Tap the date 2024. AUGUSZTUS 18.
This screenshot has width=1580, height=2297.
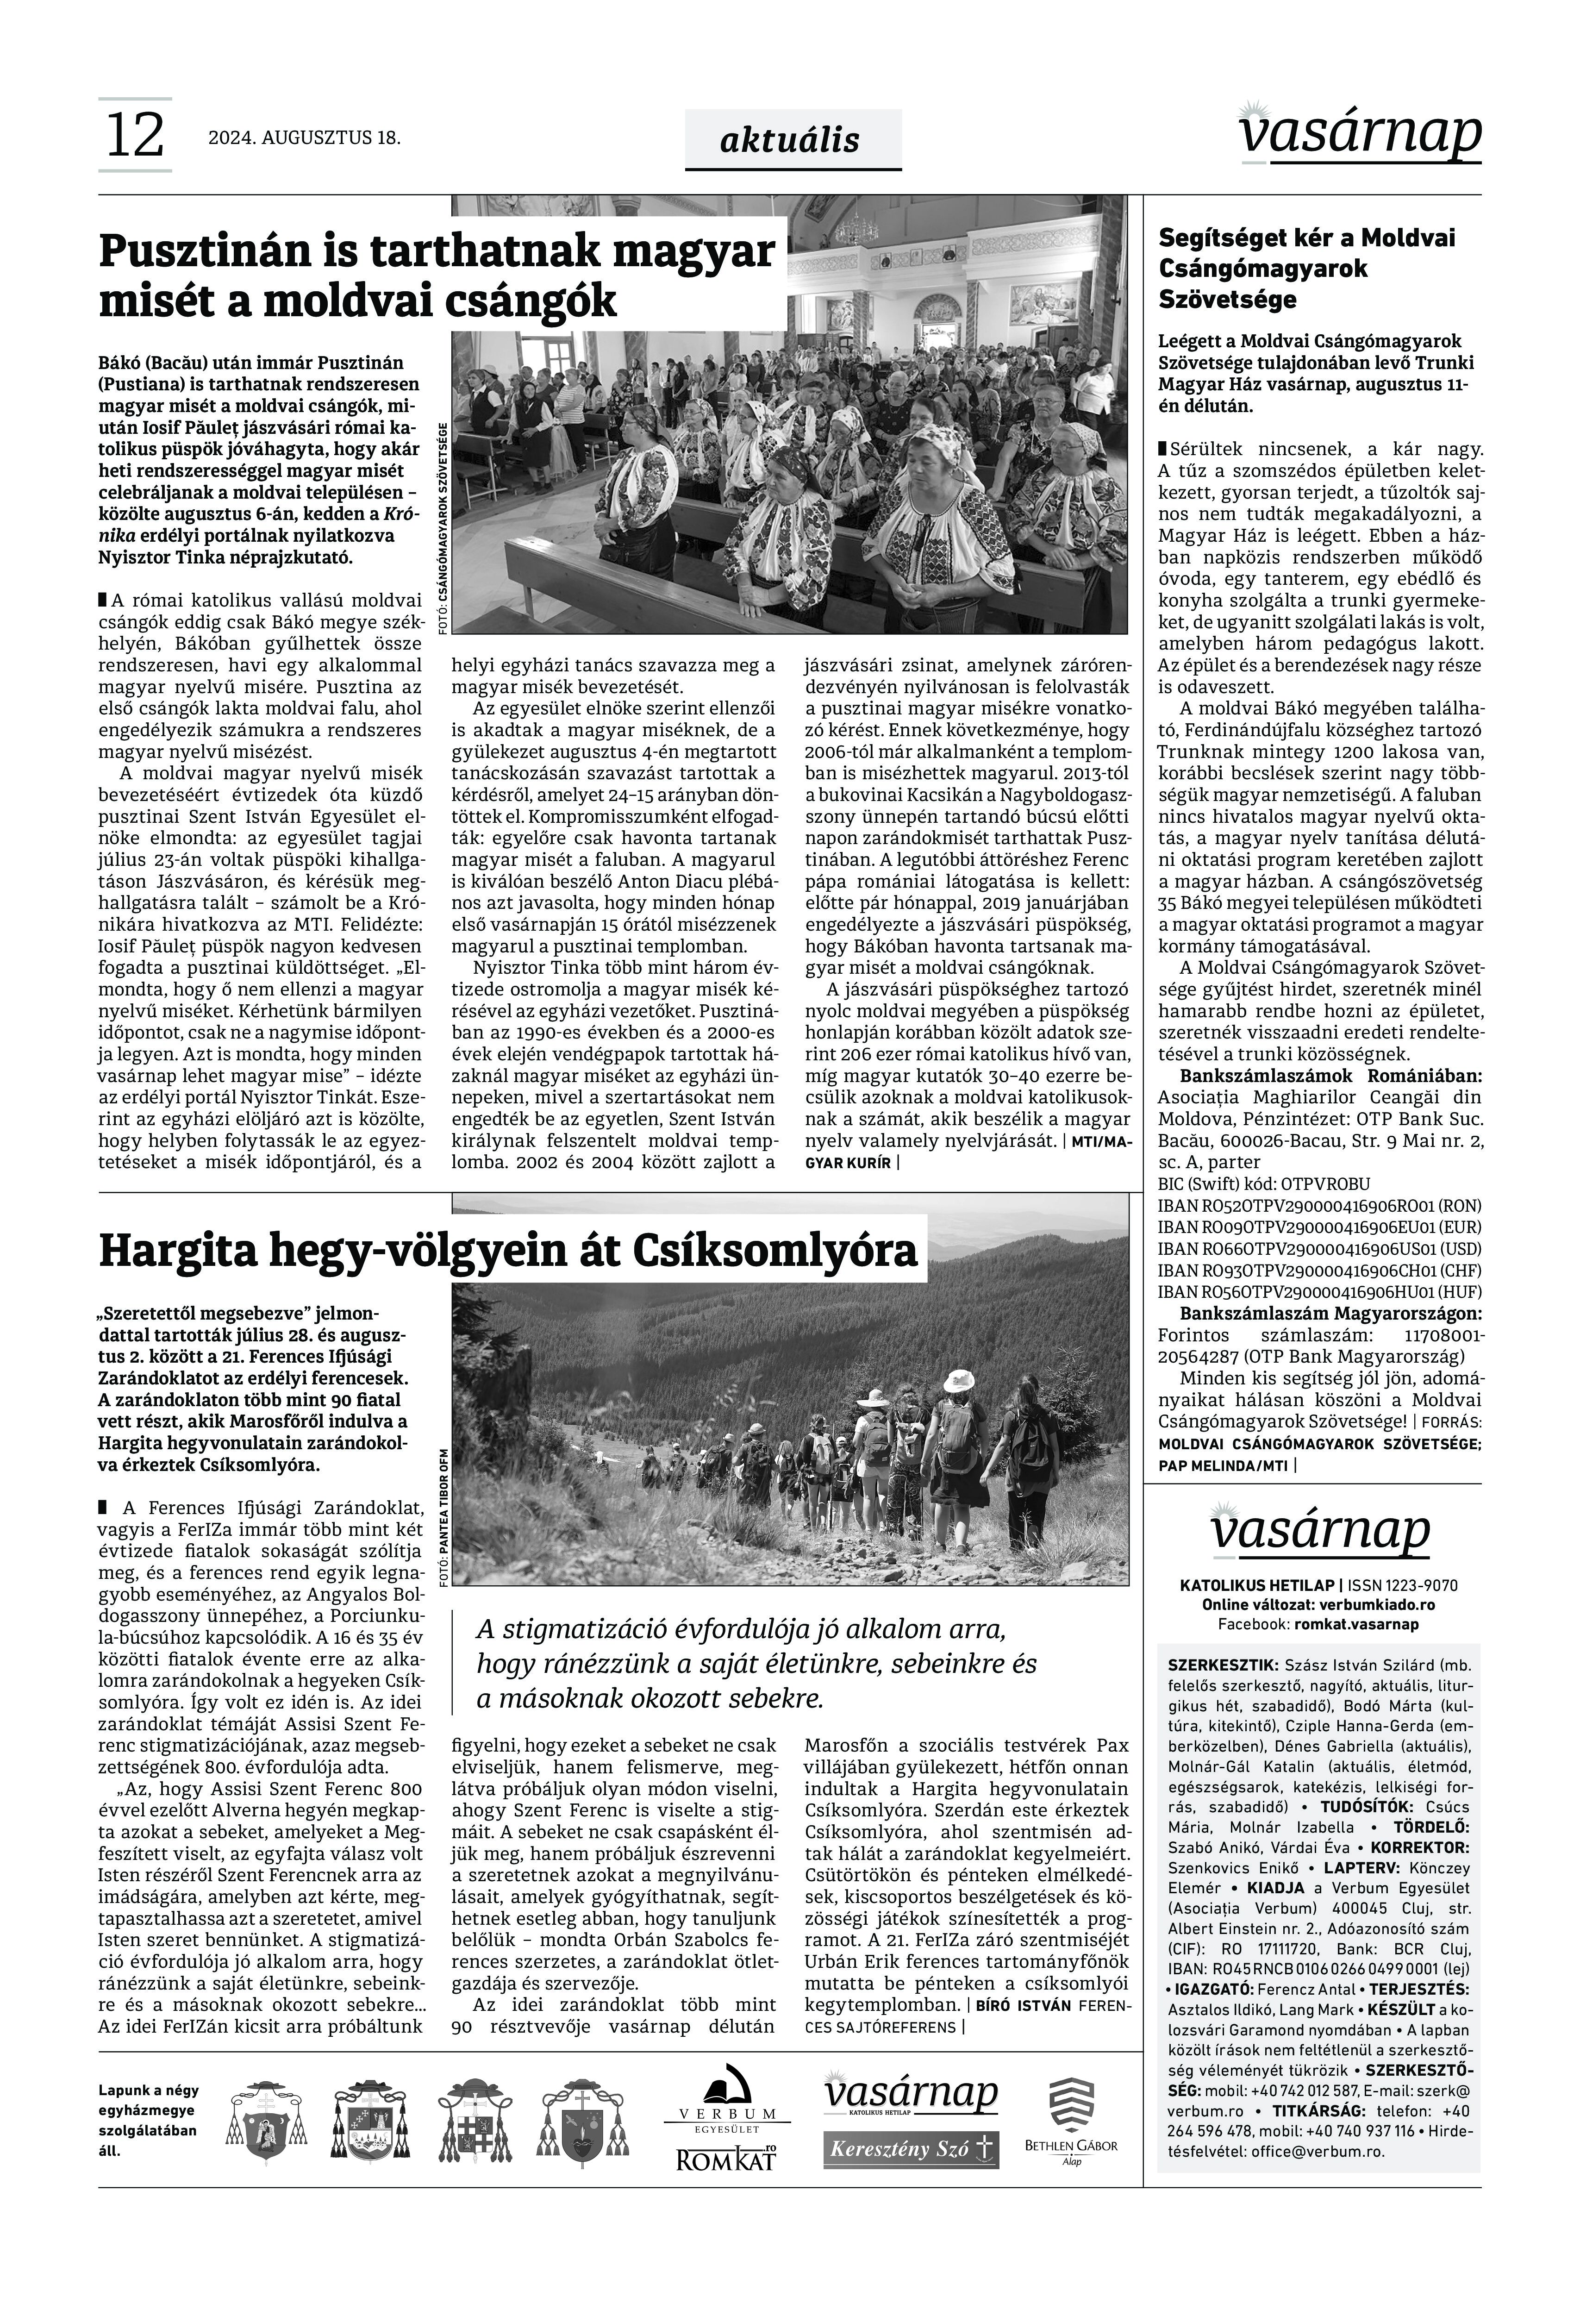coord(304,138)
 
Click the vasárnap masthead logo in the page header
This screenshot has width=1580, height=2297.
coord(1359,131)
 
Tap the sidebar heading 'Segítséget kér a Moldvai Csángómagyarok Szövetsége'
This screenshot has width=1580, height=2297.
coord(1307,268)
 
